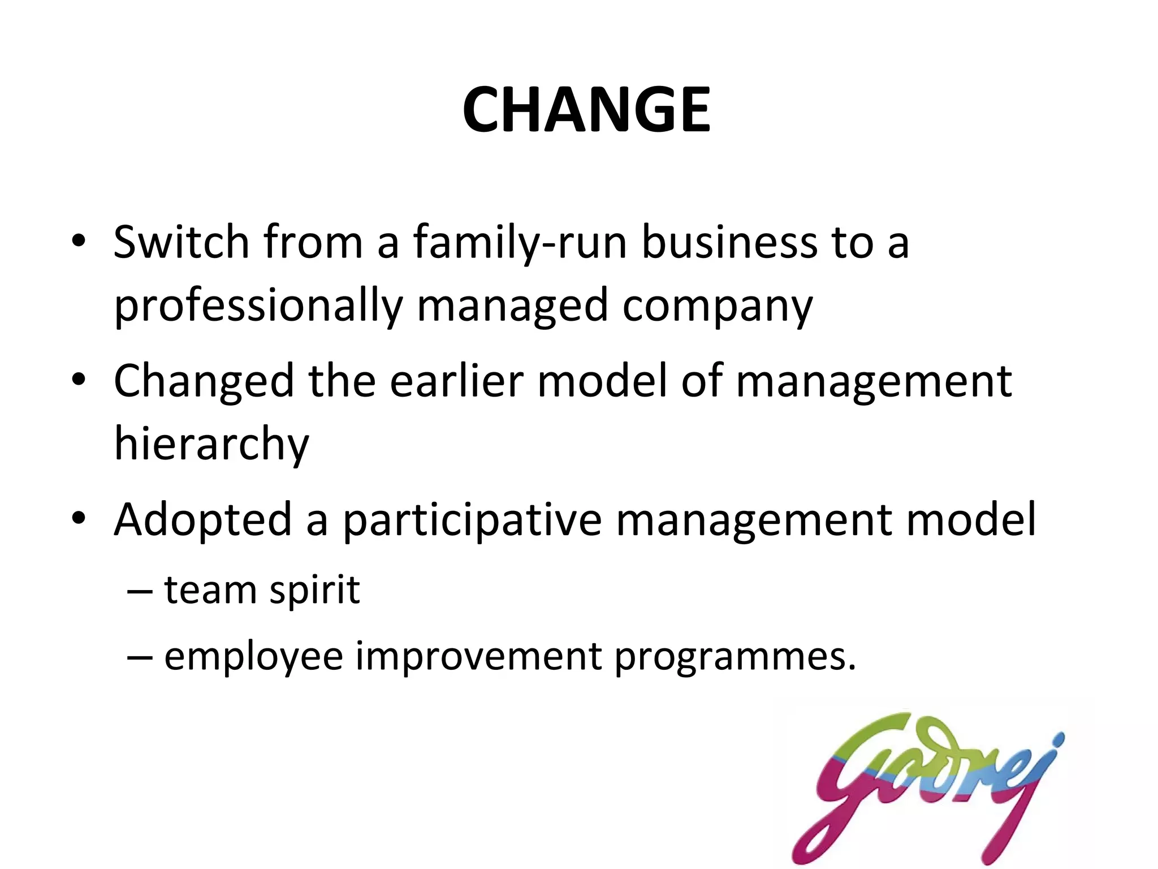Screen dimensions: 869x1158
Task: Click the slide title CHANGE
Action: pos(586,110)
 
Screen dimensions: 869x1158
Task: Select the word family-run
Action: pos(520,243)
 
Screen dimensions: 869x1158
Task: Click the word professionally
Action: pos(258,306)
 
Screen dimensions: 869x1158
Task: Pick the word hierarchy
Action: pos(211,445)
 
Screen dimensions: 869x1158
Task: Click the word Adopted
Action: pos(203,520)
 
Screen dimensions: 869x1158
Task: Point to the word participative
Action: pos(472,520)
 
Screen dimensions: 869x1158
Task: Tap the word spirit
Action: pos(314,590)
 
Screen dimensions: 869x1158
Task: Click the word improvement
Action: pos(478,656)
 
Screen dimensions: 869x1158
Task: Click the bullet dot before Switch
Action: pos(79,242)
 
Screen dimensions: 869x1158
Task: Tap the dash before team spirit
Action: pos(140,591)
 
